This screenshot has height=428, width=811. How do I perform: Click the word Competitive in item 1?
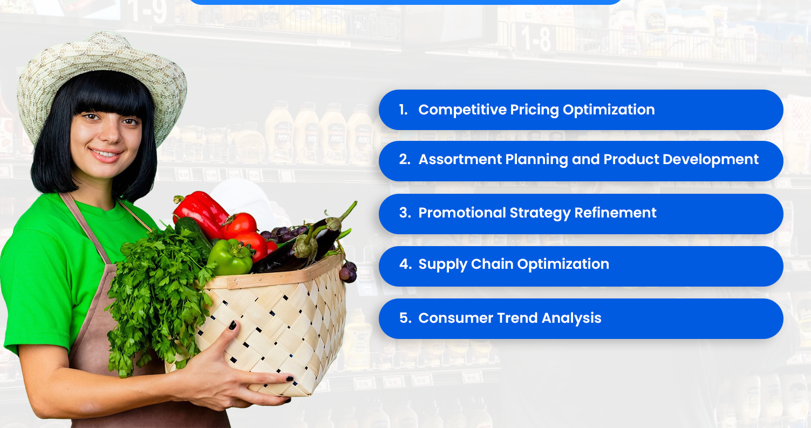pyautogui.click(x=450, y=110)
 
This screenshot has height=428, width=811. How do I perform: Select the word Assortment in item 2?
pyautogui.click(x=460, y=160)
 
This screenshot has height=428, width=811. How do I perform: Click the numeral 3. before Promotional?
pyautogui.click(x=405, y=213)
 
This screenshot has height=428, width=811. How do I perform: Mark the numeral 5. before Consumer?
pyautogui.click(x=405, y=318)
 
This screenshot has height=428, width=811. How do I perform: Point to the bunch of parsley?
pyautogui.click(x=156, y=291)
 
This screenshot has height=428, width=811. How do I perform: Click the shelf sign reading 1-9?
pyautogui.click(x=146, y=12)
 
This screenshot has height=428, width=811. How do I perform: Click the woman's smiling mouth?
pyautogui.click(x=105, y=154)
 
